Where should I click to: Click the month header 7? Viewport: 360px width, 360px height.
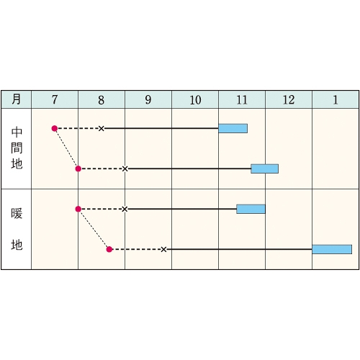pos(55,99)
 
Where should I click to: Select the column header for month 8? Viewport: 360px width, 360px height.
pos(102,100)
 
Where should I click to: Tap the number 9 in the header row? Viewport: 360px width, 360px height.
pos(148,100)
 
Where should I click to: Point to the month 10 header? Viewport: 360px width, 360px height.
pos(195,100)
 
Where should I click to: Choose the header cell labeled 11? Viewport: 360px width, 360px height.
pos(242,100)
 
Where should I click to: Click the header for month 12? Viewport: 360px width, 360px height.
pos(289,100)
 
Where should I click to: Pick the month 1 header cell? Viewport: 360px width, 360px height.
pos(336,100)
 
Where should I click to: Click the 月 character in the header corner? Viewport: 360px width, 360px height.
pos(16,99)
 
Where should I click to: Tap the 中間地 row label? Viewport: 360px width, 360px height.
pos(17,148)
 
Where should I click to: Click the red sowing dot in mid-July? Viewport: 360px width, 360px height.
pos(55,128)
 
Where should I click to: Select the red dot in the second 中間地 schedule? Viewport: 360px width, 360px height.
pos(78,168)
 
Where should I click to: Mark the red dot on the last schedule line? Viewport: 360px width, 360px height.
pos(109,249)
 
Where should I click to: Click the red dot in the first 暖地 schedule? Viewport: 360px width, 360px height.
pos(78,209)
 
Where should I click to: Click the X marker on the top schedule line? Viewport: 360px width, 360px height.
pos(102,128)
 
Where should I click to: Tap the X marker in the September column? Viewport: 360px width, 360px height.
pos(163,249)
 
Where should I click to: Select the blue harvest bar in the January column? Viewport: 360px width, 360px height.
pos(332,249)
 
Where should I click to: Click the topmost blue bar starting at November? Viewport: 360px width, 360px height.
pos(233,128)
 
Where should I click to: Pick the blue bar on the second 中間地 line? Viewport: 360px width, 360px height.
pos(265,168)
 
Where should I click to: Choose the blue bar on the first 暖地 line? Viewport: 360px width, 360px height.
pos(251,209)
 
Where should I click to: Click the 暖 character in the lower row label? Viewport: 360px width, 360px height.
pos(17,213)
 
